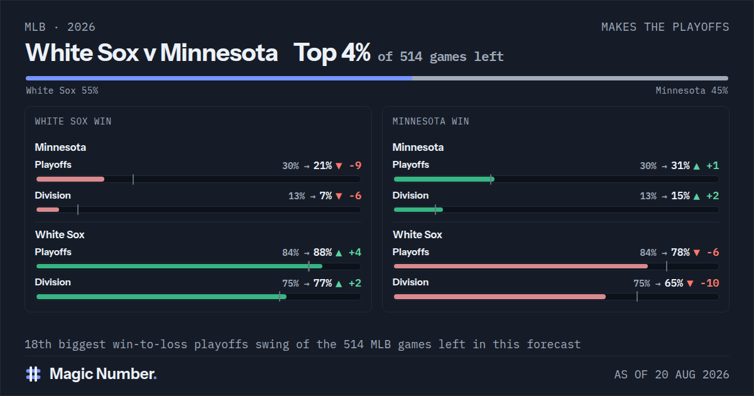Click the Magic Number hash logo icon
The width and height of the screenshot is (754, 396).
(33, 374)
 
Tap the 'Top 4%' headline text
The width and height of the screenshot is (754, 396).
(332, 53)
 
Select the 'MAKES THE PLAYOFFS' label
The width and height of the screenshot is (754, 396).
(665, 27)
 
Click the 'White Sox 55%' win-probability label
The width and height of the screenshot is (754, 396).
(62, 91)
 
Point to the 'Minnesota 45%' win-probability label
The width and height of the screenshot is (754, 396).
(692, 91)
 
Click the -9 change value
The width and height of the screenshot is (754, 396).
(356, 166)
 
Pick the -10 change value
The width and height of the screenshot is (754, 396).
(709, 283)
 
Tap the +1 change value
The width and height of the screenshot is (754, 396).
(713, 166)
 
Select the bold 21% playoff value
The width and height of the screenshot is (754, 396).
(322, 166)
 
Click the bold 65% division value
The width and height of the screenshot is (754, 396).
(674, 283)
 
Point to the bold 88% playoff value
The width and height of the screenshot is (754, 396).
(322, 253)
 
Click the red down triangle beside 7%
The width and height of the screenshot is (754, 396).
(339, 196)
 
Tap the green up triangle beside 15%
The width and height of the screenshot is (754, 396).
(696, 196)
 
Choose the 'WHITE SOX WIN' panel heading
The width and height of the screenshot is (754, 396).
(73, 121)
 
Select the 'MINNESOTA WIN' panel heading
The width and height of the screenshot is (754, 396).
(430, 121)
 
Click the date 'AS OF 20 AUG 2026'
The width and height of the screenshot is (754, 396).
(672, 375)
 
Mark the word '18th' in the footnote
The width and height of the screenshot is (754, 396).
(38, 344)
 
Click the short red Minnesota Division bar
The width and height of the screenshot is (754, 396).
(48, 210)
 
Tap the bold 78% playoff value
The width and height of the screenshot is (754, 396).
(680, 253)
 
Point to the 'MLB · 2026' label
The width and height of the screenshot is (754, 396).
(60, 27)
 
